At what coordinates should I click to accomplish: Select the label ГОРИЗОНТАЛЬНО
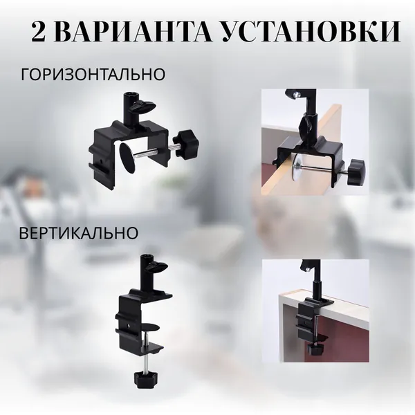click(93, 74)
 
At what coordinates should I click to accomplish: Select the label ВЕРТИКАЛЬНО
click(79, 233)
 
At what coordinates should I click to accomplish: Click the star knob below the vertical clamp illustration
click(145, 380)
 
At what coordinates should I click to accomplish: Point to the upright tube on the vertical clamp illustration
click(147, 273)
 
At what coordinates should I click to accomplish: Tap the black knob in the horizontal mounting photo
click(356, 172)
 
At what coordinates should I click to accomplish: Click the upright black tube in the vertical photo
click(317, 291)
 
